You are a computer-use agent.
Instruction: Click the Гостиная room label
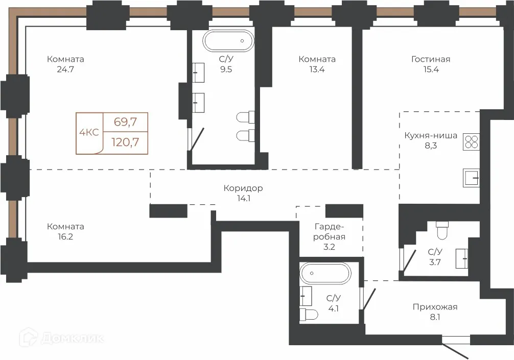click(431, 59)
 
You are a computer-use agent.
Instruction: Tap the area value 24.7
click(65, 69)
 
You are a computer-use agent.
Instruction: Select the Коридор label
click(243, 188)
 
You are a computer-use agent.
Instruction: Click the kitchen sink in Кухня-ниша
click(472, 178)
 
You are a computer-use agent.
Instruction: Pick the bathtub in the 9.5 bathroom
click(228, 41)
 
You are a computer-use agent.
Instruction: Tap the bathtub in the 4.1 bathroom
click(325, 273)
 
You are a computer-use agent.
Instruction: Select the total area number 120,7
click(125, 142)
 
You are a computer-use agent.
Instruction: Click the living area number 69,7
click(125, 122)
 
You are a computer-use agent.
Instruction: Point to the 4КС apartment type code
click(89, 132)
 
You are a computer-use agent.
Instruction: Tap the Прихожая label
click(435, 307)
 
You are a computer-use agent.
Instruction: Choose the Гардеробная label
click(329, 232)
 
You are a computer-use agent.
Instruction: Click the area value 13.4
click(317, 69)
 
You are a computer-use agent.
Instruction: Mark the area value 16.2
click(65, 236)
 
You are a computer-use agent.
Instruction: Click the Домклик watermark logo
click(62, 338)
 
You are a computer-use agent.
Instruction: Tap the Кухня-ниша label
click(431, 136)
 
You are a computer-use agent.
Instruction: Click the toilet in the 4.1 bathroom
click(309, 315)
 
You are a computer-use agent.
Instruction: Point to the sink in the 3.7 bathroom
click(462, 258)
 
